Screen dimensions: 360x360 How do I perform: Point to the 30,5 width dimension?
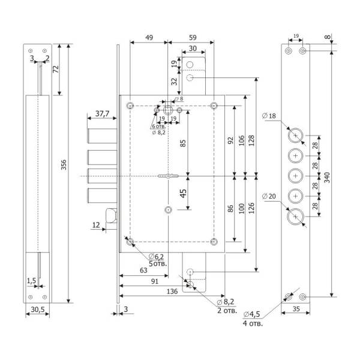click(37, 309)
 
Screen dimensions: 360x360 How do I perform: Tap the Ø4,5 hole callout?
click(251, 313)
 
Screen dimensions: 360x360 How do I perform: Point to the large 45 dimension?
click(182, 193)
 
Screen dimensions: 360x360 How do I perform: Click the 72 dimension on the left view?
click(55, 69)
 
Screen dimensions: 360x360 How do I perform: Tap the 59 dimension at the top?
click(190, 37)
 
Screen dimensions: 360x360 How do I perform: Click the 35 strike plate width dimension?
click(296, 310)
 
